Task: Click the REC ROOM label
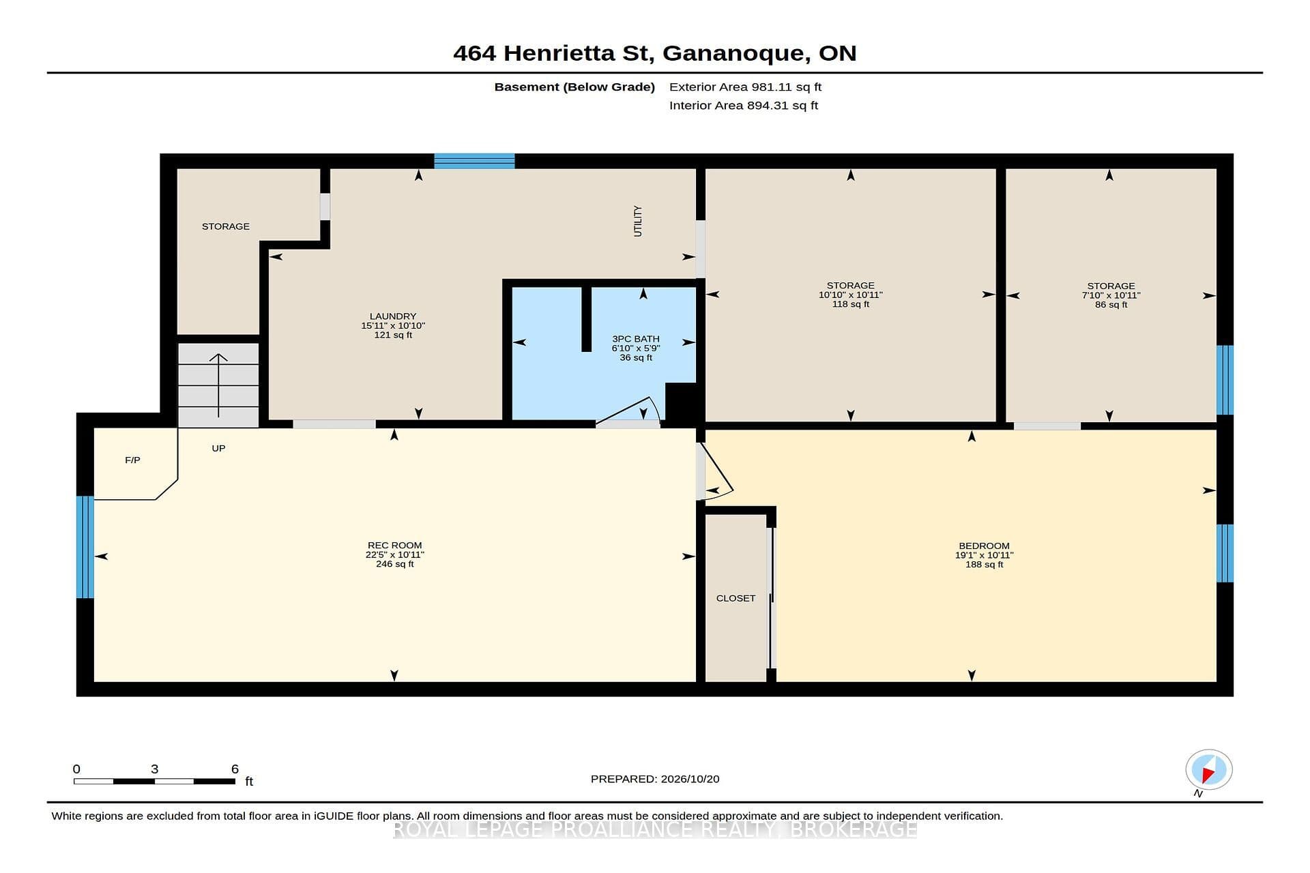pyautogui.click(x=394, y=545)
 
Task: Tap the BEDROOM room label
pyautogui.click(x=984, y=546)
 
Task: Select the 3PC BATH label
pyautogui.click(x=636, y=339)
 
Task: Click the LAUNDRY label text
pyautogui.click(x=393, y=316)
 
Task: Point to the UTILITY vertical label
pyautogui.click(x=638, y=221)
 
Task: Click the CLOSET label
pyautogui.click(x=736, y=598)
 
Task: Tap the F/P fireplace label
pyautogui.click(x=132, y=460)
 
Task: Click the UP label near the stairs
pyautogui.click(x=218, y=448)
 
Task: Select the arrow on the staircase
pyautogui.click(x=218, y=385)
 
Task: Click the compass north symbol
pyautogui.click(x=1208, y=771)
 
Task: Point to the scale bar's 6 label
pyautogui.click(x=235, y=769)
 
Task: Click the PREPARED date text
pyautogui.click(x=655, y=779)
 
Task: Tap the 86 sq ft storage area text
pyautogui.click(x=1111, y=305)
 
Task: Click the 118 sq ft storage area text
pyautogui.click(x=850, y=304)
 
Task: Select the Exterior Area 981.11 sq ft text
pyautogui.click(x=745, y=87)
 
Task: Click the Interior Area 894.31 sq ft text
pyautogui.click(x=744, y=106)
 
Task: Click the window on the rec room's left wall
pyautogui.click(x=85, y=547)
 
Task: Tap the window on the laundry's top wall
pyautogui.click(x=474, y=161)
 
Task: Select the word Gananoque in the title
pyautogui.click(x=733, y=54)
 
